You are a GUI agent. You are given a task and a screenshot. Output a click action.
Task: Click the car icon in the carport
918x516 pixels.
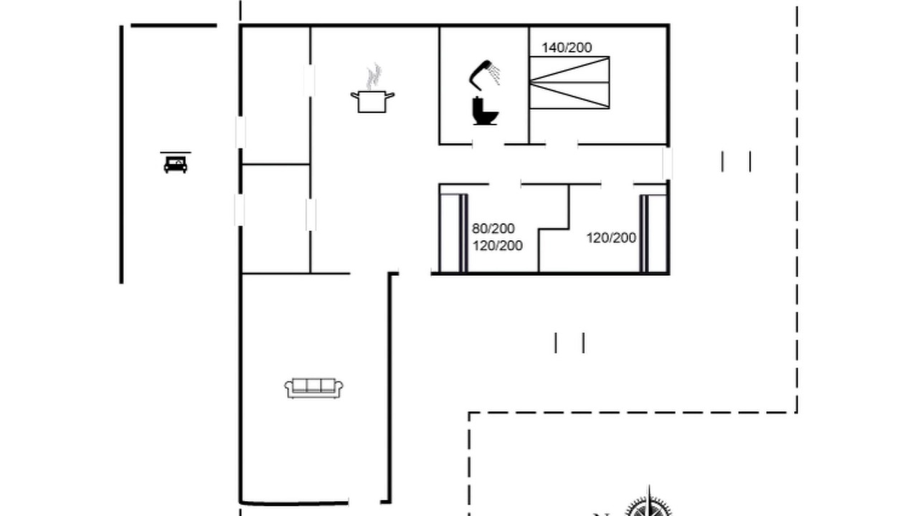pyautogui.click(x=176, y=165)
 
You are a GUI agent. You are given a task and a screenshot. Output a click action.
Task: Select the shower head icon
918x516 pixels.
pyautogui.click(x=484, y=75)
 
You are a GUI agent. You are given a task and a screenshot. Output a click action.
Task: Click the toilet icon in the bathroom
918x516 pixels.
pyautogui.click(x=485, y=110)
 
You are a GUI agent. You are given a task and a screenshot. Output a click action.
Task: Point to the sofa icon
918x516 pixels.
pyautogui.click(x=314, y=388)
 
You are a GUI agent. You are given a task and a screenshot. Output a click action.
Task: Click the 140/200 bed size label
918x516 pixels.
pyautogui.click(x=567, y=47)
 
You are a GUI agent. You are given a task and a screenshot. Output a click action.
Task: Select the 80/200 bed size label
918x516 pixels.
pyautogui.click(x=493, y=228)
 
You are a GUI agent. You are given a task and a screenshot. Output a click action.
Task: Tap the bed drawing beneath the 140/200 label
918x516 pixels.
pyautogui.click(x=569, y=82)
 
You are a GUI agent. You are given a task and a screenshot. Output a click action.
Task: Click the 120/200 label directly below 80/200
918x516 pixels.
pyautogui.click(x=498, y=246)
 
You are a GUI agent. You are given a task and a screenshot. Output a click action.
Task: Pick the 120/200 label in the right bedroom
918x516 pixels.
pyautogui.click(x=611, y=237)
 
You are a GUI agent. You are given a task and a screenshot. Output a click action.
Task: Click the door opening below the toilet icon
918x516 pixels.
pyautogui.click(x=488, y=144)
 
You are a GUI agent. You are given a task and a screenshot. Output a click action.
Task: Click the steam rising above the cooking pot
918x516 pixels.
pyautogui.click(x=374, y=77)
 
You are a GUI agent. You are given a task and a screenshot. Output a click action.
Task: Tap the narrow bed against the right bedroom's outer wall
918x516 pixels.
pyautogui.click(x=654, y=233)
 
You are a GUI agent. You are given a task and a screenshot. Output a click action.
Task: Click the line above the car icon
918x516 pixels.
pyautogui.click(x=176, y=153)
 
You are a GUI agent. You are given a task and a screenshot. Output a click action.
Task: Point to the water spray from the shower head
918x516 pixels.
pyautogui.click(x=495, y=75)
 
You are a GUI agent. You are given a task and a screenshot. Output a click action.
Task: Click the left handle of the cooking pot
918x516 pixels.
pyautogui.click(x=354, y=96)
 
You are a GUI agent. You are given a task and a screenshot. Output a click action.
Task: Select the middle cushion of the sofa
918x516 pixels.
pyautogui.click(x=313, y=386)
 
